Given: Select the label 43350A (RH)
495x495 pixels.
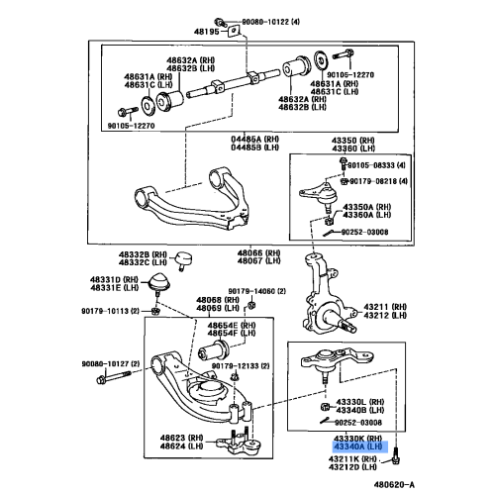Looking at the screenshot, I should (366, 207).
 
